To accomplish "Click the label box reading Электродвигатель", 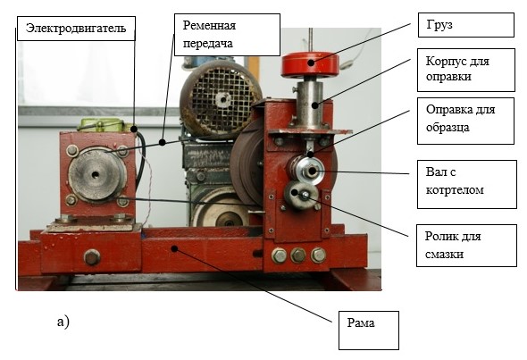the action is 76,29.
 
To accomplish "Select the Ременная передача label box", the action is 227,35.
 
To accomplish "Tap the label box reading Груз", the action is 466,25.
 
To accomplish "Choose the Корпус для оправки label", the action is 466,70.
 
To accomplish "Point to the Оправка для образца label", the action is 466,121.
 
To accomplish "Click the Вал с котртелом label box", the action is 467,184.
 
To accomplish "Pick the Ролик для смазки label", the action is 466,246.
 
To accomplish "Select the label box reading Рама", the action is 369,331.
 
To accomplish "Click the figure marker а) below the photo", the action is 63,322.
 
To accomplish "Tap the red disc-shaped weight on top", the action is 310,63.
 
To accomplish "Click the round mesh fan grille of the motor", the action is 221,99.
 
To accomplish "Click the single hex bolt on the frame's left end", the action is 92,257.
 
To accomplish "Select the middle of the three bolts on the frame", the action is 298,255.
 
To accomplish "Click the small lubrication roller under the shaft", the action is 300,195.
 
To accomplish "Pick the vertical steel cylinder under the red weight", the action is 310,105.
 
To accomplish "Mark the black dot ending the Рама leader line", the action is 174,248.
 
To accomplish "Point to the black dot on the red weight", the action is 312,63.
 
